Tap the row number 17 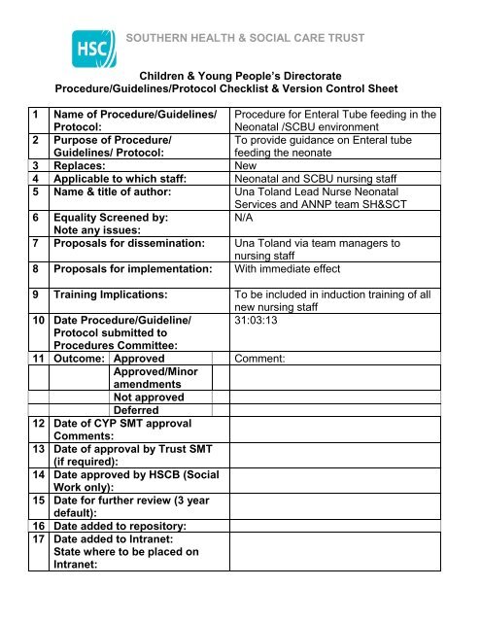[40, 538]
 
